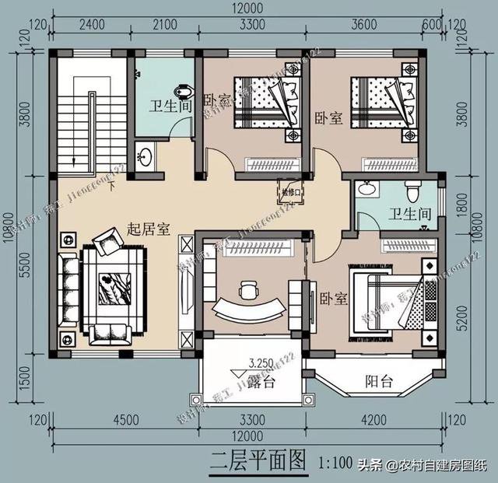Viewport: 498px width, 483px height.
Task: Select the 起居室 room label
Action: pyautogui.click(x=149, y=230)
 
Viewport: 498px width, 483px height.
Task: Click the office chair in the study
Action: pyautogui.click(x=248, y=289)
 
